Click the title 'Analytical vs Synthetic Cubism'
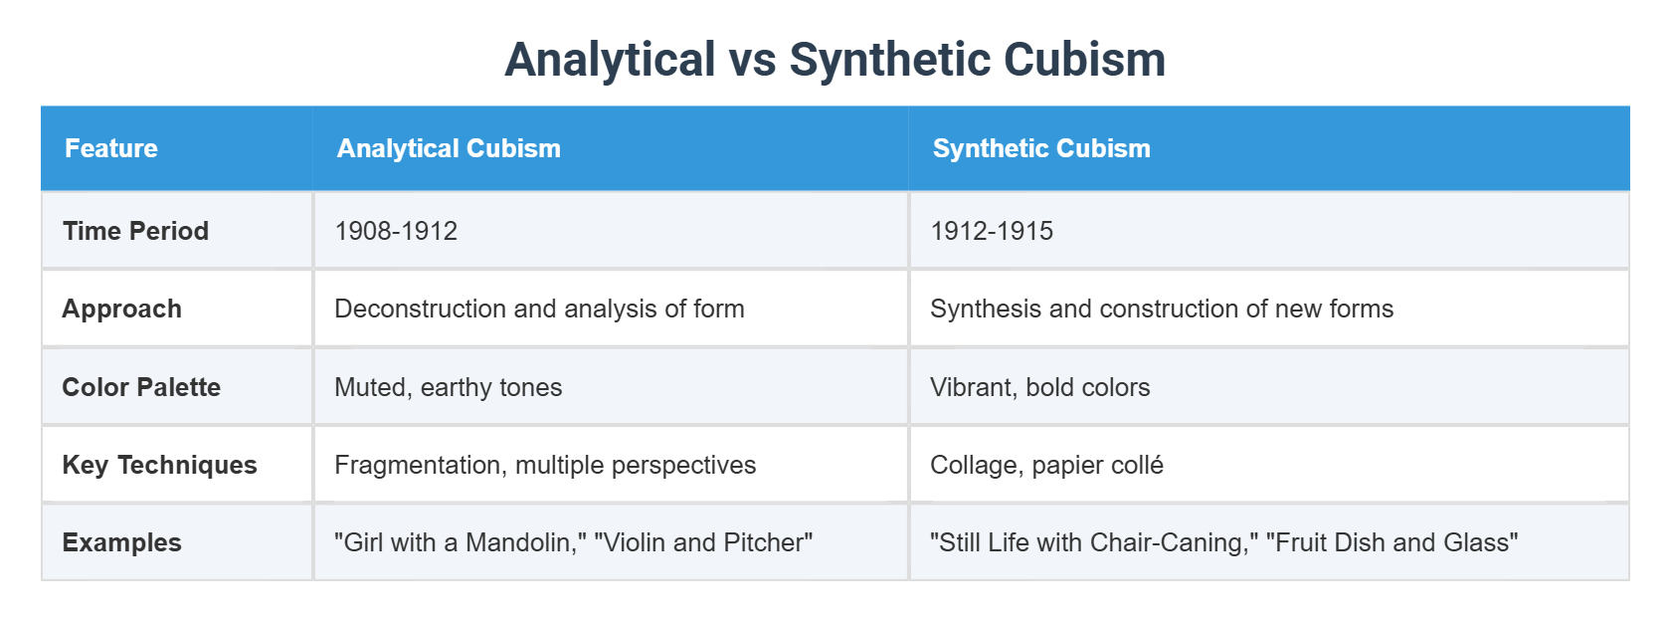pyautogui.click(x=835, y=59)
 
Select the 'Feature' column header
pyautogui.click(x=111, y=148)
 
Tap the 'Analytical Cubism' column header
pyautogui.click(x=449, y=148)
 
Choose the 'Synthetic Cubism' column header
pyautogui.click(x=1041, y=148)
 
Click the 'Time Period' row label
pyautogui.click(x=136, y=231)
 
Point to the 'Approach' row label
pyautogui.click(x=122, y=309)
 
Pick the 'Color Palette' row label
pyautogui.click(x=141, y=387)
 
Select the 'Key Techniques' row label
pyautogui.click(x=160, y=465)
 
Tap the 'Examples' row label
pyautogui.click(x=122, y=542)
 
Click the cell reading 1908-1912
pyautogui.click(x=396, y=231)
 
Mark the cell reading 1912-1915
pyautogui.click(x=992, y=231)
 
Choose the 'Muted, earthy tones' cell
pyautogui.click(x=449, y=387)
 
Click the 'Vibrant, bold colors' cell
pyautogui.click(x=1040, y=387)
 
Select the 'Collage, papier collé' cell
pyautogui.click(x=1046, y=465)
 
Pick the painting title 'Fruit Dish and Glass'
pyautogui.click(x=1392, y=542)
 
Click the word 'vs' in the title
pyautogui.click(x=753, y=59)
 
